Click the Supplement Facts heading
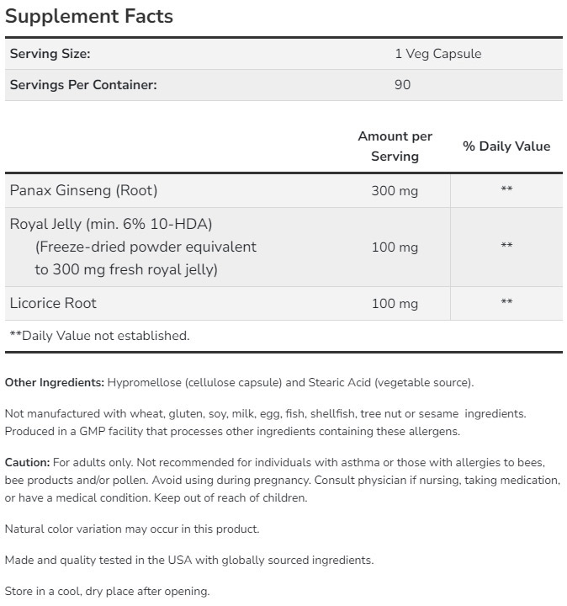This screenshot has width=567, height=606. pos(89,16)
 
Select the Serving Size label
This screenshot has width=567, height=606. pos(50,54)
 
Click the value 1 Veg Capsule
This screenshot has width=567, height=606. pos(437,54)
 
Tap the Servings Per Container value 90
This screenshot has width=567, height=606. pos(402,84)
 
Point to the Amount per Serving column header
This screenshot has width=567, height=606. pos(395,146)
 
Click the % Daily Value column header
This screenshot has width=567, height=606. pos(506,146)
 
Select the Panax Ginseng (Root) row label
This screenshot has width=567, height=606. pos(83,190)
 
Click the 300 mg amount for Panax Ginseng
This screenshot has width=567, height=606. pos(395,191)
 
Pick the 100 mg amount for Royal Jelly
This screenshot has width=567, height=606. pos(395,247)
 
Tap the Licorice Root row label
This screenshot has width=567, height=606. pos(53,303)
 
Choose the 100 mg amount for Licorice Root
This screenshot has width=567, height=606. pos(395,304)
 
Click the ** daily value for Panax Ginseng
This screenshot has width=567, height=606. pos(506,190)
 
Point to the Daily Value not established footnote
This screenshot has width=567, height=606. pos(99,336)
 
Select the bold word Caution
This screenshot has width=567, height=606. pos(27,462)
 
